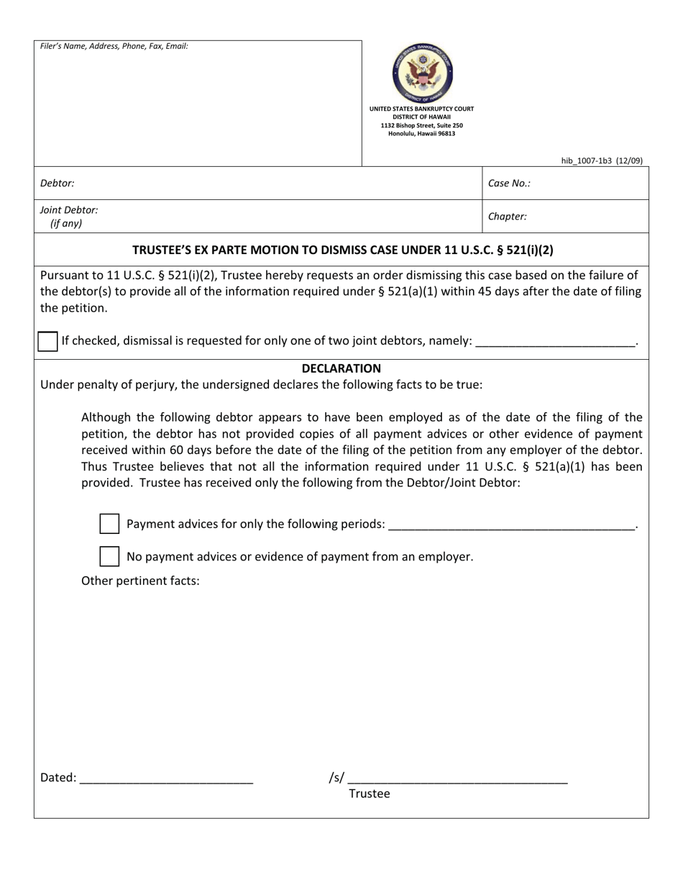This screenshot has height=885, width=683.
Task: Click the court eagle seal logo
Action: click(x=422, y=73)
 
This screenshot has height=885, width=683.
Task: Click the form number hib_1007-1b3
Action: click(x=602, y=161)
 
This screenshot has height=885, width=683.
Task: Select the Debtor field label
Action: click(x=58, y=183)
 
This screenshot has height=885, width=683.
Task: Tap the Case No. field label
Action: click(x=509, y=183)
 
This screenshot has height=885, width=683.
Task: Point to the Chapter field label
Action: click(x=507, y=217)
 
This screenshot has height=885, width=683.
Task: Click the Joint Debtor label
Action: click(x=69, y=210)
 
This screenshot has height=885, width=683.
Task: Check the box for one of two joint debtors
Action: click(x=47, y=341)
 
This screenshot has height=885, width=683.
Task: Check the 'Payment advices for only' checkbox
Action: click(x=109, y=524)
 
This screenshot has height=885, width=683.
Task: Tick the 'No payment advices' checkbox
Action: click(x=109, y=556)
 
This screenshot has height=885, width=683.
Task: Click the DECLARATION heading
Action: click(x=341, y=368)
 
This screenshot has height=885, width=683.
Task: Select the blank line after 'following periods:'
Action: click(x=511, y=525)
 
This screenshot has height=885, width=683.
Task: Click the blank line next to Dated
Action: click(x=166, y=779)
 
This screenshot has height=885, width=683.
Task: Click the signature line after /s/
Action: click(x=457, y=779)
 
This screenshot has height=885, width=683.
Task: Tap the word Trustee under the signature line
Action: click(x=370, y=794)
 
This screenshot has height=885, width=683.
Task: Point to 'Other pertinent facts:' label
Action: click(x=140, y=581)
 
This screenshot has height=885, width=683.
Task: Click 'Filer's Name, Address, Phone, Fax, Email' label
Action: click(x=114, y=46)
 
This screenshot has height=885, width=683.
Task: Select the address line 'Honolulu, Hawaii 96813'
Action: click(x=421, y=134)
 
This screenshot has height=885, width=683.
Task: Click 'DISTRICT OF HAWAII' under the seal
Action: click(x=421, y=117)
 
